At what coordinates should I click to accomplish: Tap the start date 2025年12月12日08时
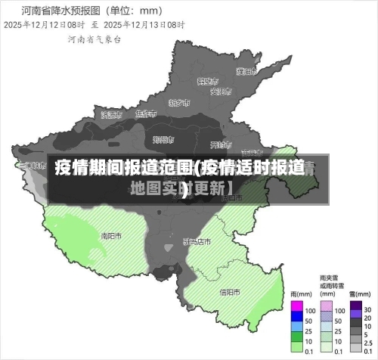(x=42, y=25)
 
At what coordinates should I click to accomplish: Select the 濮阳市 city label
(x=245, y=72)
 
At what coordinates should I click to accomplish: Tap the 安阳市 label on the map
(x=220, y=92)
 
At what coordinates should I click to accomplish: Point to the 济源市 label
(x=110, y=114)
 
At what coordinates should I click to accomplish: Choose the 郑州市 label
(x=163, y=139)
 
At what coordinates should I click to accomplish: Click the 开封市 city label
(x=219, y=144)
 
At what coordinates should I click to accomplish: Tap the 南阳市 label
(x=112, y=235)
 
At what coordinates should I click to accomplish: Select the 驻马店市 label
(x=197, y=242)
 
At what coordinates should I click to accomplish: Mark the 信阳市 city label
(x=230, y=292)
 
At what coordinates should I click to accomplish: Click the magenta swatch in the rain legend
(x=297, y=309)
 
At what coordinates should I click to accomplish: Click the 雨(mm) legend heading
(x=302, y=294)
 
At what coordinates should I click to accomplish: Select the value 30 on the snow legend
(x=367, y=310)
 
